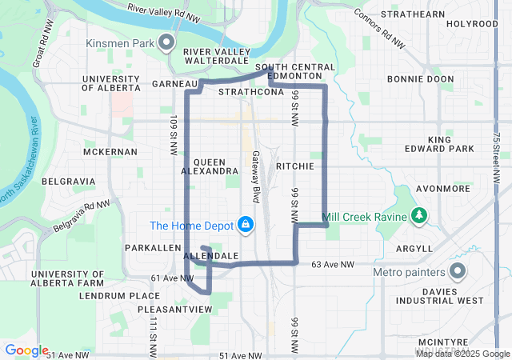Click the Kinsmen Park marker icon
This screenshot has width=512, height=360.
(166, 42)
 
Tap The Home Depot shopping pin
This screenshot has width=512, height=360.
(247, 224)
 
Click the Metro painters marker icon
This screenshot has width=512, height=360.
(458, 272)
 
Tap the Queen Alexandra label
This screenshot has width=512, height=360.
(210, 166)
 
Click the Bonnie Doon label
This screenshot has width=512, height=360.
(420, 80)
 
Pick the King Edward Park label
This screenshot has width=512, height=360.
(450, 144)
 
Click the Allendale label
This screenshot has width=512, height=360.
(212, 256)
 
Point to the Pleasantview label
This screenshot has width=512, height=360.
(174, 308)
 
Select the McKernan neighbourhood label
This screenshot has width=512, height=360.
(110, 151)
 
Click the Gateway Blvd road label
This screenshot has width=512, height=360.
(257, 176)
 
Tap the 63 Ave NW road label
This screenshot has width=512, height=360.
(332, 264)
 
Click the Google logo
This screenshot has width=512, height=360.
(26, 350)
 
